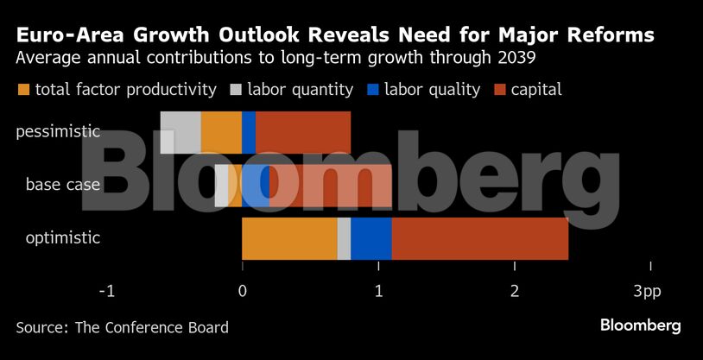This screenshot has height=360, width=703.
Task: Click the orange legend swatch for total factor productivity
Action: [x=22, y=90]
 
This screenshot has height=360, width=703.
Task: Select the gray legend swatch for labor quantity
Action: [x=236, y=90]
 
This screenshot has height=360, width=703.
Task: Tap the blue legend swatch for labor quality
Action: [x=373, y=90]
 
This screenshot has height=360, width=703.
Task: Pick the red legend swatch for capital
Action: [x=500, y=90]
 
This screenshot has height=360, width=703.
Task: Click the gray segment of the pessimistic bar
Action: [x=180, y=132]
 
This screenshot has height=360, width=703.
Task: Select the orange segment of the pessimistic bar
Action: [x=221, y=132]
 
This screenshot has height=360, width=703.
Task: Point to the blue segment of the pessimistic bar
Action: [x=249, y=132]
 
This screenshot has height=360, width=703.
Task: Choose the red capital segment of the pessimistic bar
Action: [x=303, y=132]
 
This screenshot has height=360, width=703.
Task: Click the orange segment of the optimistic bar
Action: [x=289, y=239]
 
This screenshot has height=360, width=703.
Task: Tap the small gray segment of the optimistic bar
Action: [x=344, y=239]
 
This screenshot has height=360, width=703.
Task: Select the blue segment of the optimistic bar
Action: [x=371, y=239]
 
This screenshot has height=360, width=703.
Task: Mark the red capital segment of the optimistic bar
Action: [x=480, y=239]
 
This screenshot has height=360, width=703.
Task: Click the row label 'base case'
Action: [x=63, y=185]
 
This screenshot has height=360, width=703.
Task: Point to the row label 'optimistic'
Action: [x=63, y=237]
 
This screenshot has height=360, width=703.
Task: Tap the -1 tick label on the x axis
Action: [x=106, y=292]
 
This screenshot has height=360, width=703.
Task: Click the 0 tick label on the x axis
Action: [x=242, y=292]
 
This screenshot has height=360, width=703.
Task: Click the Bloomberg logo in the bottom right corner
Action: [x=640, y=325]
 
